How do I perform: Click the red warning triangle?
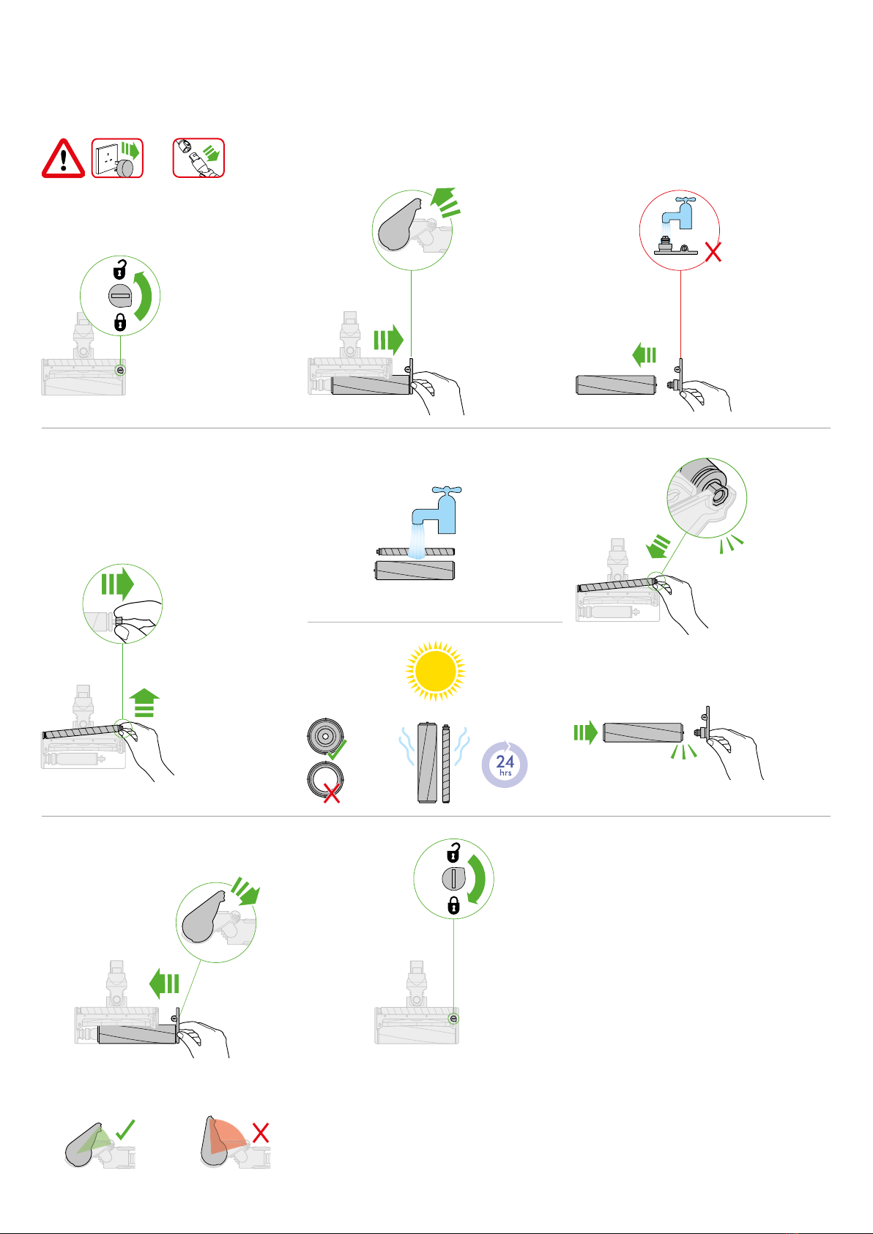[x=63, y=159]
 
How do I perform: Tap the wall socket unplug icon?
[x=117, y=158]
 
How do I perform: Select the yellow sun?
[x=436, y=671]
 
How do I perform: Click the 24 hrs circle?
[x=505, y=765]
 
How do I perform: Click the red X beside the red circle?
[x=713, y=253]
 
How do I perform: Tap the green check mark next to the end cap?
[x=337, y=749]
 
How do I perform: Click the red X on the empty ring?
[x=332, y=794]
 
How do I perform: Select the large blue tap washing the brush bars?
[x=439, y=510]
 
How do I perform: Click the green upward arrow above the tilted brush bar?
[x=144, y=702]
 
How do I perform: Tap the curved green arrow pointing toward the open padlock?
[x=144, y=294]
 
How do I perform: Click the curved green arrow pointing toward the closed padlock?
[x=477, y=880]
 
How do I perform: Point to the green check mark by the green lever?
[x=125, y=1129]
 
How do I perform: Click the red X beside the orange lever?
[x=261, y=1133]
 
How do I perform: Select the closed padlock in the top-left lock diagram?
[x=120, y=322]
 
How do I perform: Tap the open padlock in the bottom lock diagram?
[x=453, y=852]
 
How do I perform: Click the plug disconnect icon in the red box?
[x=198, y=158]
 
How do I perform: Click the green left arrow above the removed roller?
[x=644, y=354]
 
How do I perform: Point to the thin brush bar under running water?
[x=416, y=551]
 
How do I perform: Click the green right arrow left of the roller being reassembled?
[x=586, y=732]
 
